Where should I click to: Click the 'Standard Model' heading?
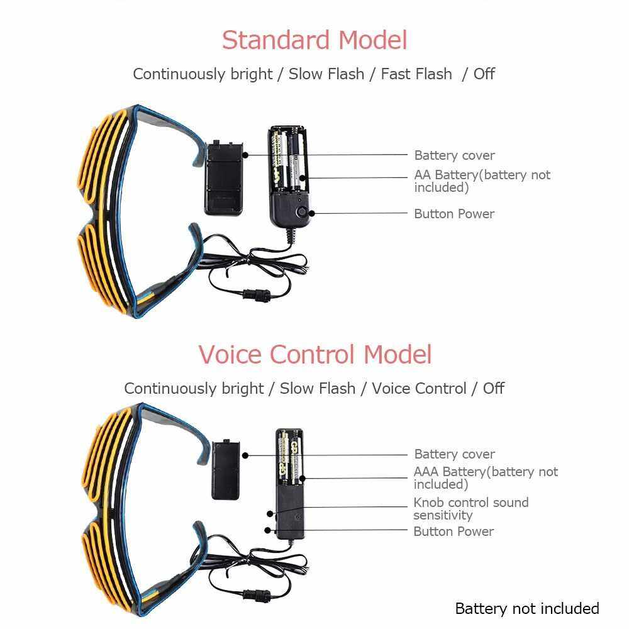click(314, 40)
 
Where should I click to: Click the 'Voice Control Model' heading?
click(315, 354)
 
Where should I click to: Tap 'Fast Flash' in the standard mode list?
click(416, 74)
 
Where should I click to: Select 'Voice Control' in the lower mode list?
click(419, 388)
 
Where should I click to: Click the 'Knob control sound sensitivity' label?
click(470, 508)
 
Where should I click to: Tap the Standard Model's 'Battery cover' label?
click(454, 155)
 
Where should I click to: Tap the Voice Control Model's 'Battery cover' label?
click(454, 454)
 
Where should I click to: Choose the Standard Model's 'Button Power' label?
click(454, 214)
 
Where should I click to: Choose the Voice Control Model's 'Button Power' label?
click(453, 532)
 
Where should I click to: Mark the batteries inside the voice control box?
click(289, 458)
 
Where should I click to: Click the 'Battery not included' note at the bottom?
click(526, 608)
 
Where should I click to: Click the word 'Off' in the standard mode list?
click(484, 74)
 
